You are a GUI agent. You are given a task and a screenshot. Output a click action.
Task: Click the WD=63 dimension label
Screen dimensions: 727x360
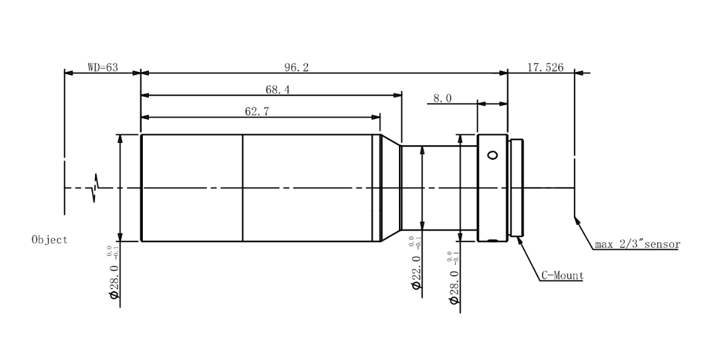pyautogui.click(x=103, y=67)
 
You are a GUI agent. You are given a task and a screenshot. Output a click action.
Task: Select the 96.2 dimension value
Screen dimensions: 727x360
pyautogui.click(x=297, y=67)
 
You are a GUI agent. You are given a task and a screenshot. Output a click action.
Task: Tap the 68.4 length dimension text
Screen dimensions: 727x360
pyautogui.click(x=277, y=90)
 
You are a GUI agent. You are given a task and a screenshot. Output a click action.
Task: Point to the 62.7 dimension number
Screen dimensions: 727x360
pyautogui.click(x=257, y=111)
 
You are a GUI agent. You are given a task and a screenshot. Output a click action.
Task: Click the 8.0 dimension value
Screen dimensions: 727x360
pyautogui.click(x=442, y=98)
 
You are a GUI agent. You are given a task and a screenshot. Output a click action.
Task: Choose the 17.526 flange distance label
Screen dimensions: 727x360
pyautogui.click(x=545, y=67)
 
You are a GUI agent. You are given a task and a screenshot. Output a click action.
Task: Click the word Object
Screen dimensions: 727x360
pyautogui.click(x=50, y=240)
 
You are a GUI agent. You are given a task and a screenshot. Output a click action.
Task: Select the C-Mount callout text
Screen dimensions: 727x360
pyautogui.click(x=562, y=276)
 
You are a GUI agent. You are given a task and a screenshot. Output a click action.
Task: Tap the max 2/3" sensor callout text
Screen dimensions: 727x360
pyautogui.click(x=637, y=244)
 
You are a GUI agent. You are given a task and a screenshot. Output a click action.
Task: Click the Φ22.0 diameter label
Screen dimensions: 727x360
pyautogui.click(x=416, y=272)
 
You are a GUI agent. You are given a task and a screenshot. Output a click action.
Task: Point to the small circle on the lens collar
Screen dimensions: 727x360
pyautogui.click(x=493, y=155)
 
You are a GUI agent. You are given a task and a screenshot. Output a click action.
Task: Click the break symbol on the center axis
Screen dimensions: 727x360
pyautogui.click(x=95, y=188)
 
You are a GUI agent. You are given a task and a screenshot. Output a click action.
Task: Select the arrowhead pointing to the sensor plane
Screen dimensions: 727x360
pyautogui.click(x=577, y=221)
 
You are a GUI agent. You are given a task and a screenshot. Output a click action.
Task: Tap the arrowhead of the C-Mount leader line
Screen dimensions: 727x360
pyautogui.click(x=519, y=241)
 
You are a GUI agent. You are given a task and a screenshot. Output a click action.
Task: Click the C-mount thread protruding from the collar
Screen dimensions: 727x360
pyautogui.click(x=516, y=188)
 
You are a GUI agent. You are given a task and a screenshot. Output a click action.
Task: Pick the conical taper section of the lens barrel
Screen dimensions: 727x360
pyautogui.click(x=391, y=188)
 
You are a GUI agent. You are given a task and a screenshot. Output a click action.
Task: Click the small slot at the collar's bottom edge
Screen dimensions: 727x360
pyautogui.click(x=493, y=241)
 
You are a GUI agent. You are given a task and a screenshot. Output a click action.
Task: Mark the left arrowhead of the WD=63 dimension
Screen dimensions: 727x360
pyautogui.click(x=68, y=73)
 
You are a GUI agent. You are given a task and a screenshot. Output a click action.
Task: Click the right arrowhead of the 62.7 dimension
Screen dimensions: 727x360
pyautogui.click(x=376, y=117)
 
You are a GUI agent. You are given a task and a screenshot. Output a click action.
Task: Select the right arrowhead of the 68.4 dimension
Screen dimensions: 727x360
pyautogui.click(x=398, y=96)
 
